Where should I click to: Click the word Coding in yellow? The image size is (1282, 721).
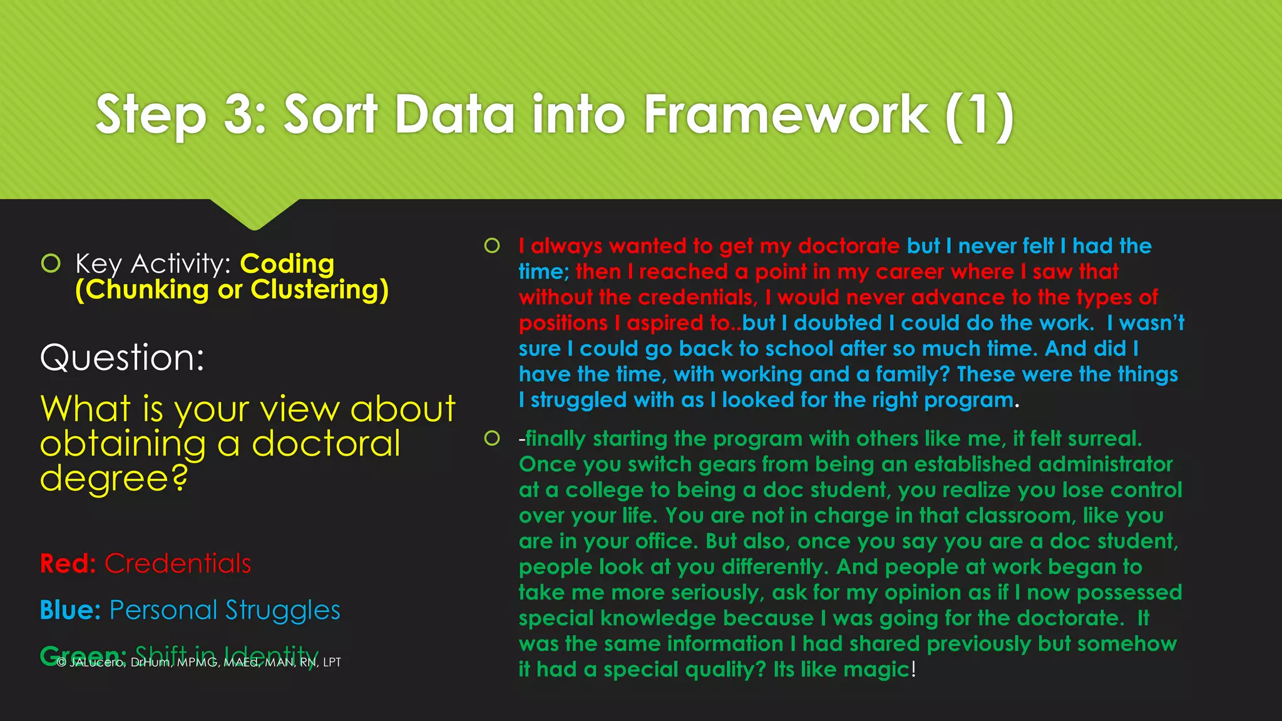pyautogui.click(x=287, y=263)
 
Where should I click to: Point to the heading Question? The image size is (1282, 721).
pyautogui.click(x=122, y=357)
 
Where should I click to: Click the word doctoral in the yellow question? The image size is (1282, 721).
pyautogui.click(x=326, y=444)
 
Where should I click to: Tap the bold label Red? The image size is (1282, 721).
pyautogui.click(x=68, y=564)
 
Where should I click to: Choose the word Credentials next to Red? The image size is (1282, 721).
pyautogui.click(x=178, y=564)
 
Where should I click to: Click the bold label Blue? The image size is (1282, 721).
pyautogui.click(x=70, y=610)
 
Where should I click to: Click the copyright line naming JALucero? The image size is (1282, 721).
pyautogui.click(x=199, y=663)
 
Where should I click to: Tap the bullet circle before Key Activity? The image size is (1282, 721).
pyautogui.click(x=51, y=263)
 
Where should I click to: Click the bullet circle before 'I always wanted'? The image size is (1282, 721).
pyautogui.click(x=492, y=245)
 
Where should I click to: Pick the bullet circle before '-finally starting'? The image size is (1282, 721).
pyautogui.click(x=492, y=438)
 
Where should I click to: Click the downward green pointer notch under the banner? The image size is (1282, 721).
pyautogui.click(x=254, y=216)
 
